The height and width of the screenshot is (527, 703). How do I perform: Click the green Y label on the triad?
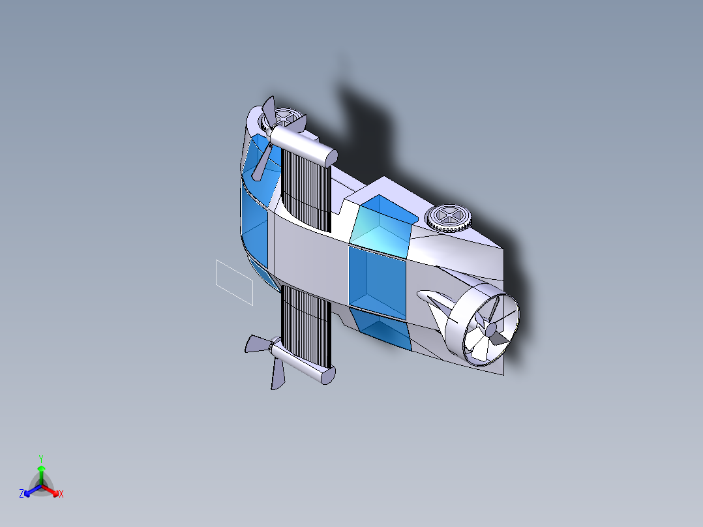tap(40, 459)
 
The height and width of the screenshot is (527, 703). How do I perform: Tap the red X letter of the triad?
tap(61, 494)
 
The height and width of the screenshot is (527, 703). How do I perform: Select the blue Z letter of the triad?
tap(22, 494)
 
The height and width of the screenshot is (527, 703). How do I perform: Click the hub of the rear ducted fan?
tap(490, 330)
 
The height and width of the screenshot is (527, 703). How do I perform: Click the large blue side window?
tap(377, 281)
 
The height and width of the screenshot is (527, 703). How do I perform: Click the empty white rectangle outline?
tap(234, 282)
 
